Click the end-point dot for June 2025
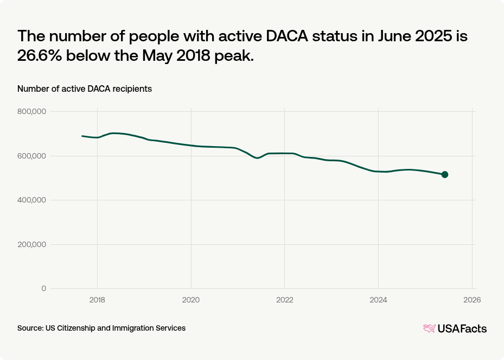click(x=445, y=174)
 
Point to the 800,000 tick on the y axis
click(x=33, y=111)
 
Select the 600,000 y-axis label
click(x=33, y=156)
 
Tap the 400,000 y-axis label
click(x=33, y=200)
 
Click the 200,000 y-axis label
click(x=33, y=244)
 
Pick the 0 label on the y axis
click(x=44, y=288)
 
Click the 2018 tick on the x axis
click(x=97, y=299)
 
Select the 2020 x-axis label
click(x=191, y=299)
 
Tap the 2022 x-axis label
click(x=285, y=299)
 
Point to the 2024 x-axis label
click(x=378, y=299)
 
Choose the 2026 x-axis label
click(x=472, y=299)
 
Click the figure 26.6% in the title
click(x=42, y=56)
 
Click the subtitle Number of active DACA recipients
click(x=85, y=89)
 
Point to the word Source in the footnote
click(x=29, y=328)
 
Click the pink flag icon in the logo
click(x=429, y=328)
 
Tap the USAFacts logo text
click(x=462, y=329)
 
